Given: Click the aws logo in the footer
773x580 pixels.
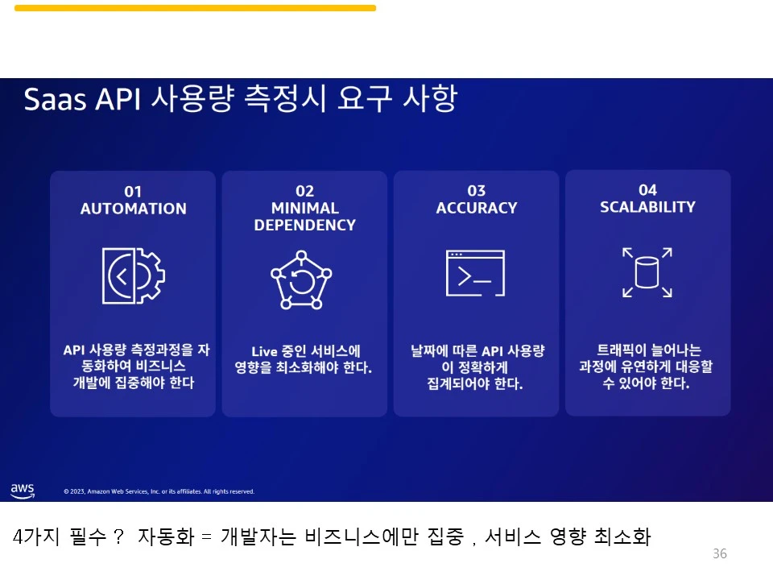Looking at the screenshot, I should click(23, 490).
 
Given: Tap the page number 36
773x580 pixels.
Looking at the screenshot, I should click(720, 553).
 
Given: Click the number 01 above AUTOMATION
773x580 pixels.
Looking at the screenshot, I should click(133, 192).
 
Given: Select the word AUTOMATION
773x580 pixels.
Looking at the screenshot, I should click(133, 209).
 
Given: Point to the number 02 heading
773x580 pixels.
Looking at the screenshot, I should click(304, 191).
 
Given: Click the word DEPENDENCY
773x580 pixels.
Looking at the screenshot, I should click(304, 226).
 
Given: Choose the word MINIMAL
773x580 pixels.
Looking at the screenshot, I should click(304, 209).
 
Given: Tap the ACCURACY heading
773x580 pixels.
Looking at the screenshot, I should click(476, 208).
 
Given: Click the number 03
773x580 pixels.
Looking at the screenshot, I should click(476, 191).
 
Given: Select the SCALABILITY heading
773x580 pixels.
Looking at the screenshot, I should click(647, 207).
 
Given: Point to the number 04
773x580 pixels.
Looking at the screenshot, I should click(647, 190).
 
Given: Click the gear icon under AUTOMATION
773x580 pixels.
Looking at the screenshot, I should click(133, 275).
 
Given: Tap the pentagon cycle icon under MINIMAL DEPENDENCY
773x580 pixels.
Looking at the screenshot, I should click(301, 280).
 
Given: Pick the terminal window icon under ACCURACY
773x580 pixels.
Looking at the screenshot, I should click(475, 273).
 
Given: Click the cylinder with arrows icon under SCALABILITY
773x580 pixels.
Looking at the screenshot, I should click(647, 272).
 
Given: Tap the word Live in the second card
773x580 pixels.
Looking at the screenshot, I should click(264, 351).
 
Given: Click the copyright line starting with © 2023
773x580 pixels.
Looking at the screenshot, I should click(159, 491).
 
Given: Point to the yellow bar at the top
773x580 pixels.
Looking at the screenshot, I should click(195, 8).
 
